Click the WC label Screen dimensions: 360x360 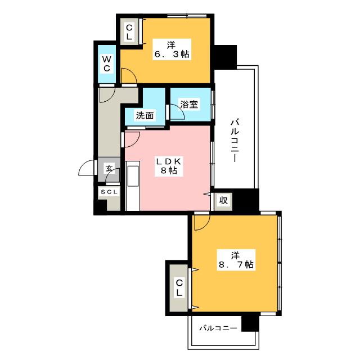coord(106,63)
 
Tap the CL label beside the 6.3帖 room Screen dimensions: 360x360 coord(129,31)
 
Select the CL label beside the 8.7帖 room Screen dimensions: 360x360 coord(179,288)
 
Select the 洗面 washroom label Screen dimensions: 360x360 coord(145,116)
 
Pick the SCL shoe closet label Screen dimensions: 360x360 coord(109,192)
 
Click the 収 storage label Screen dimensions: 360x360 coord(223,201)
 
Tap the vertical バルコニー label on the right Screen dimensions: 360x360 coord(235,141)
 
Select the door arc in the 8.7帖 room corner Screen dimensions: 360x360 coord(200,223)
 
